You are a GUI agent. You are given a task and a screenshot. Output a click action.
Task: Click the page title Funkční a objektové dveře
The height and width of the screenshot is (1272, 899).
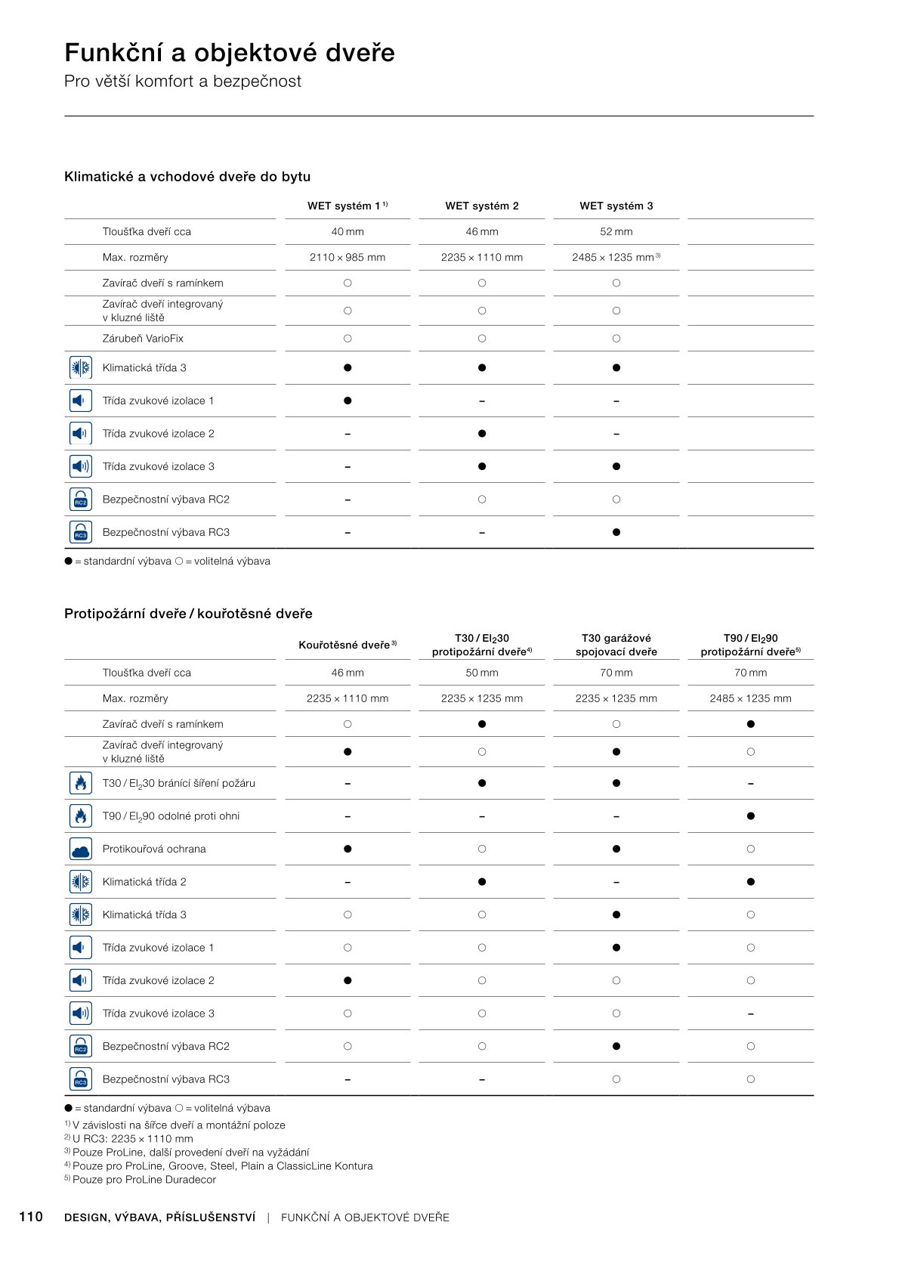[x=230, y=53]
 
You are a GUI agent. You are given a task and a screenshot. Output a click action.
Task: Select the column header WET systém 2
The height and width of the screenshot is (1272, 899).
[x=482, y=206]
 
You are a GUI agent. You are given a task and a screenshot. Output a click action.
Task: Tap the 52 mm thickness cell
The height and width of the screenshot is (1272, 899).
[x=616, y=231]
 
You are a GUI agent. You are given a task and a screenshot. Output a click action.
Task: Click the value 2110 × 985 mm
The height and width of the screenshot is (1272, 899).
[x=348, y=257]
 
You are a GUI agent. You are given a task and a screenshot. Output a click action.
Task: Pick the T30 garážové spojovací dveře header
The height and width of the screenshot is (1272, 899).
[x=616, y=645]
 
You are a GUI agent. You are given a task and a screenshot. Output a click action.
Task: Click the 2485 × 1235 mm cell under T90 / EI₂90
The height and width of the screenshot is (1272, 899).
[x=750, y=698]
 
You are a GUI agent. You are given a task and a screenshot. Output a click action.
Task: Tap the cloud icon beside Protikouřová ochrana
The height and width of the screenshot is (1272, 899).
[x=80, y=849]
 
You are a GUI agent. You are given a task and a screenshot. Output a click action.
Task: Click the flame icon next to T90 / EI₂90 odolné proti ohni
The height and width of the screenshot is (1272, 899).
[x=80, y=816]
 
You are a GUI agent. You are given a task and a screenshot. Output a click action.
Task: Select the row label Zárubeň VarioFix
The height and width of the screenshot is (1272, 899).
[x=143, y=339]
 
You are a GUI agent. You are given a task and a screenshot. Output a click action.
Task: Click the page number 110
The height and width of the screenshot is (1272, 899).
[x=31, y=1217]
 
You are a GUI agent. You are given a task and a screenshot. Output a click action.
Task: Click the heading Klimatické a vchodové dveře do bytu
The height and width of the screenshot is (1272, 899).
[x=187, y=177]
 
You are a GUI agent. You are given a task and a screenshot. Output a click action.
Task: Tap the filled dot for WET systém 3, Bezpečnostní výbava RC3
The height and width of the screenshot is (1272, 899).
[x=616, y=532]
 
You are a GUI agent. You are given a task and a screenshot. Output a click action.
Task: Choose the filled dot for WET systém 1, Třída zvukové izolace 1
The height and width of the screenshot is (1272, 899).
[x=348, y=401]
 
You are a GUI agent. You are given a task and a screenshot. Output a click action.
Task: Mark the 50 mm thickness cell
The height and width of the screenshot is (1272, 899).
[x=482, y=673]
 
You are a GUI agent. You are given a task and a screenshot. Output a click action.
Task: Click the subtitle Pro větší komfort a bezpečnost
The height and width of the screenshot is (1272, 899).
[x=183, y=82]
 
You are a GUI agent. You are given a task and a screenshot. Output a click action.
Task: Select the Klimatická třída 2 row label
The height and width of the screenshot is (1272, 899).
[x=144, y=882]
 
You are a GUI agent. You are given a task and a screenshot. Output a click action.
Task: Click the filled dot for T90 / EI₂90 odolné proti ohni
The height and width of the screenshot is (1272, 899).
[x=750, y=816]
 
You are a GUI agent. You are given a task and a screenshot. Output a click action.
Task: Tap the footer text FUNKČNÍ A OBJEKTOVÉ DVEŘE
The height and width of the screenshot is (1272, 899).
[x=365, y=1218]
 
